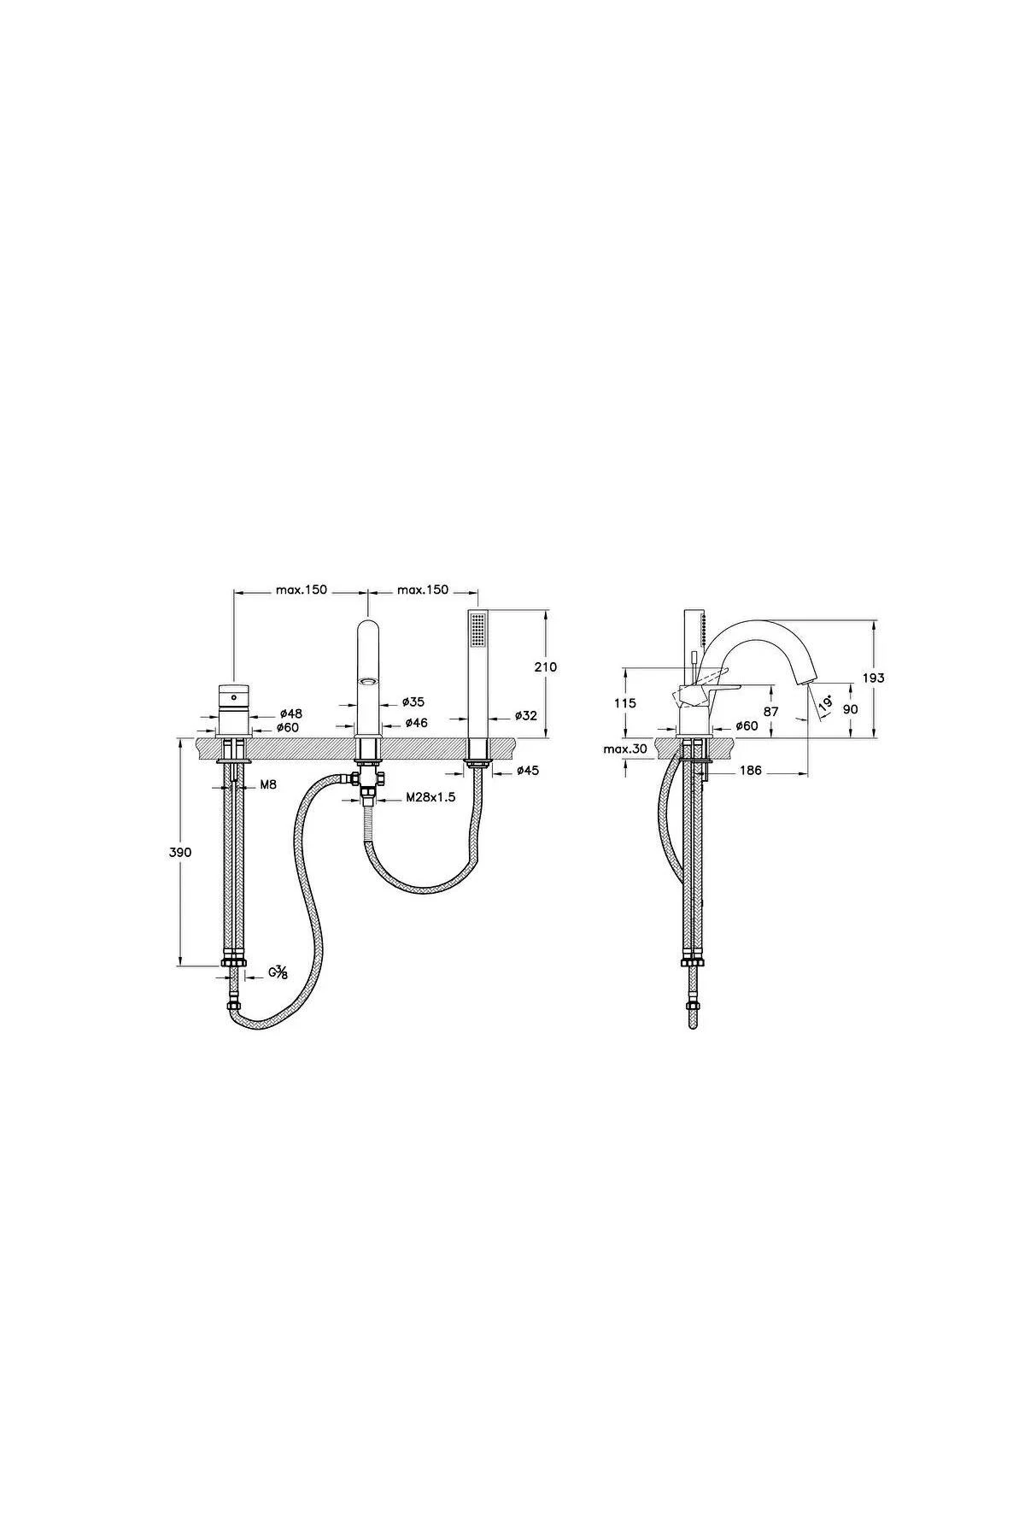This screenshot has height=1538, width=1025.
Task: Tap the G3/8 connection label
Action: [278, 972]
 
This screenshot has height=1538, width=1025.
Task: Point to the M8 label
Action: [268, 784]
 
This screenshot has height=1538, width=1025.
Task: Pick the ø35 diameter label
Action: [413, 701]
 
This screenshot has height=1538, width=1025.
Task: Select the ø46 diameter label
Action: [416, 723]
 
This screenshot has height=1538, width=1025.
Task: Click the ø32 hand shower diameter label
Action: [526, 715]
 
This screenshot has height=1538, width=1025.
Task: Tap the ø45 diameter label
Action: [527, 771]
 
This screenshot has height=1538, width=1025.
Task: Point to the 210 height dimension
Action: [544, 666]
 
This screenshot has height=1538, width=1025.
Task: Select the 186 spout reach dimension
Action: [750, 771]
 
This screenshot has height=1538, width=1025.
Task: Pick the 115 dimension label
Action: [625, 703]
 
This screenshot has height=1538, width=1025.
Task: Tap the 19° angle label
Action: [824, 704]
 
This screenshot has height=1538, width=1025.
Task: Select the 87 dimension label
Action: [771, 711]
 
